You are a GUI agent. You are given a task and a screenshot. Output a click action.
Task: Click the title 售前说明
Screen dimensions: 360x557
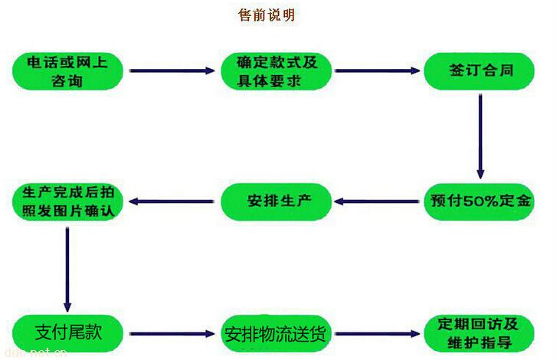[267, 15]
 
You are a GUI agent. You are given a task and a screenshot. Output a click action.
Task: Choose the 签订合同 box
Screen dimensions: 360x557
[479, 71]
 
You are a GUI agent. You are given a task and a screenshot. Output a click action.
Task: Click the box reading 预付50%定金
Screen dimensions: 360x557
[479, 202]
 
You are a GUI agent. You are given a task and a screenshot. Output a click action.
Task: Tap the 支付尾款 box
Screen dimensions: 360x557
[67, 332]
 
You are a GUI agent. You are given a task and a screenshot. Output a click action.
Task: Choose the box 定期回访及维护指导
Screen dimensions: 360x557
[479, 332]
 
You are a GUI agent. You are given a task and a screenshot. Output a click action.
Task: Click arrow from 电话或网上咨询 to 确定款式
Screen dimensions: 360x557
[172, 71]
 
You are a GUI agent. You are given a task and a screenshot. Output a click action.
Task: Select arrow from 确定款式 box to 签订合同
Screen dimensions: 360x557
[378, 71]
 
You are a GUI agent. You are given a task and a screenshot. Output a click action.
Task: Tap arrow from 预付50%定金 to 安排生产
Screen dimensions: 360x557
[378, 202]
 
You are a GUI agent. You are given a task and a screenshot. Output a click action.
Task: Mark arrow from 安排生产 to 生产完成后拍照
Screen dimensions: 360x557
[172, 201]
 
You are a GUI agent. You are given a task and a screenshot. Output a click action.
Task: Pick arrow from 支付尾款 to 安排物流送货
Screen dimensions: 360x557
[172, 334]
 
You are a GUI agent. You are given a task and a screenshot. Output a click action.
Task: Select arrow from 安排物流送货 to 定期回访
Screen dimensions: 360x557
[378, 334]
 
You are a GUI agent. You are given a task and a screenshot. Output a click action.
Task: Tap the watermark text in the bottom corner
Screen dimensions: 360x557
[34, 353]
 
